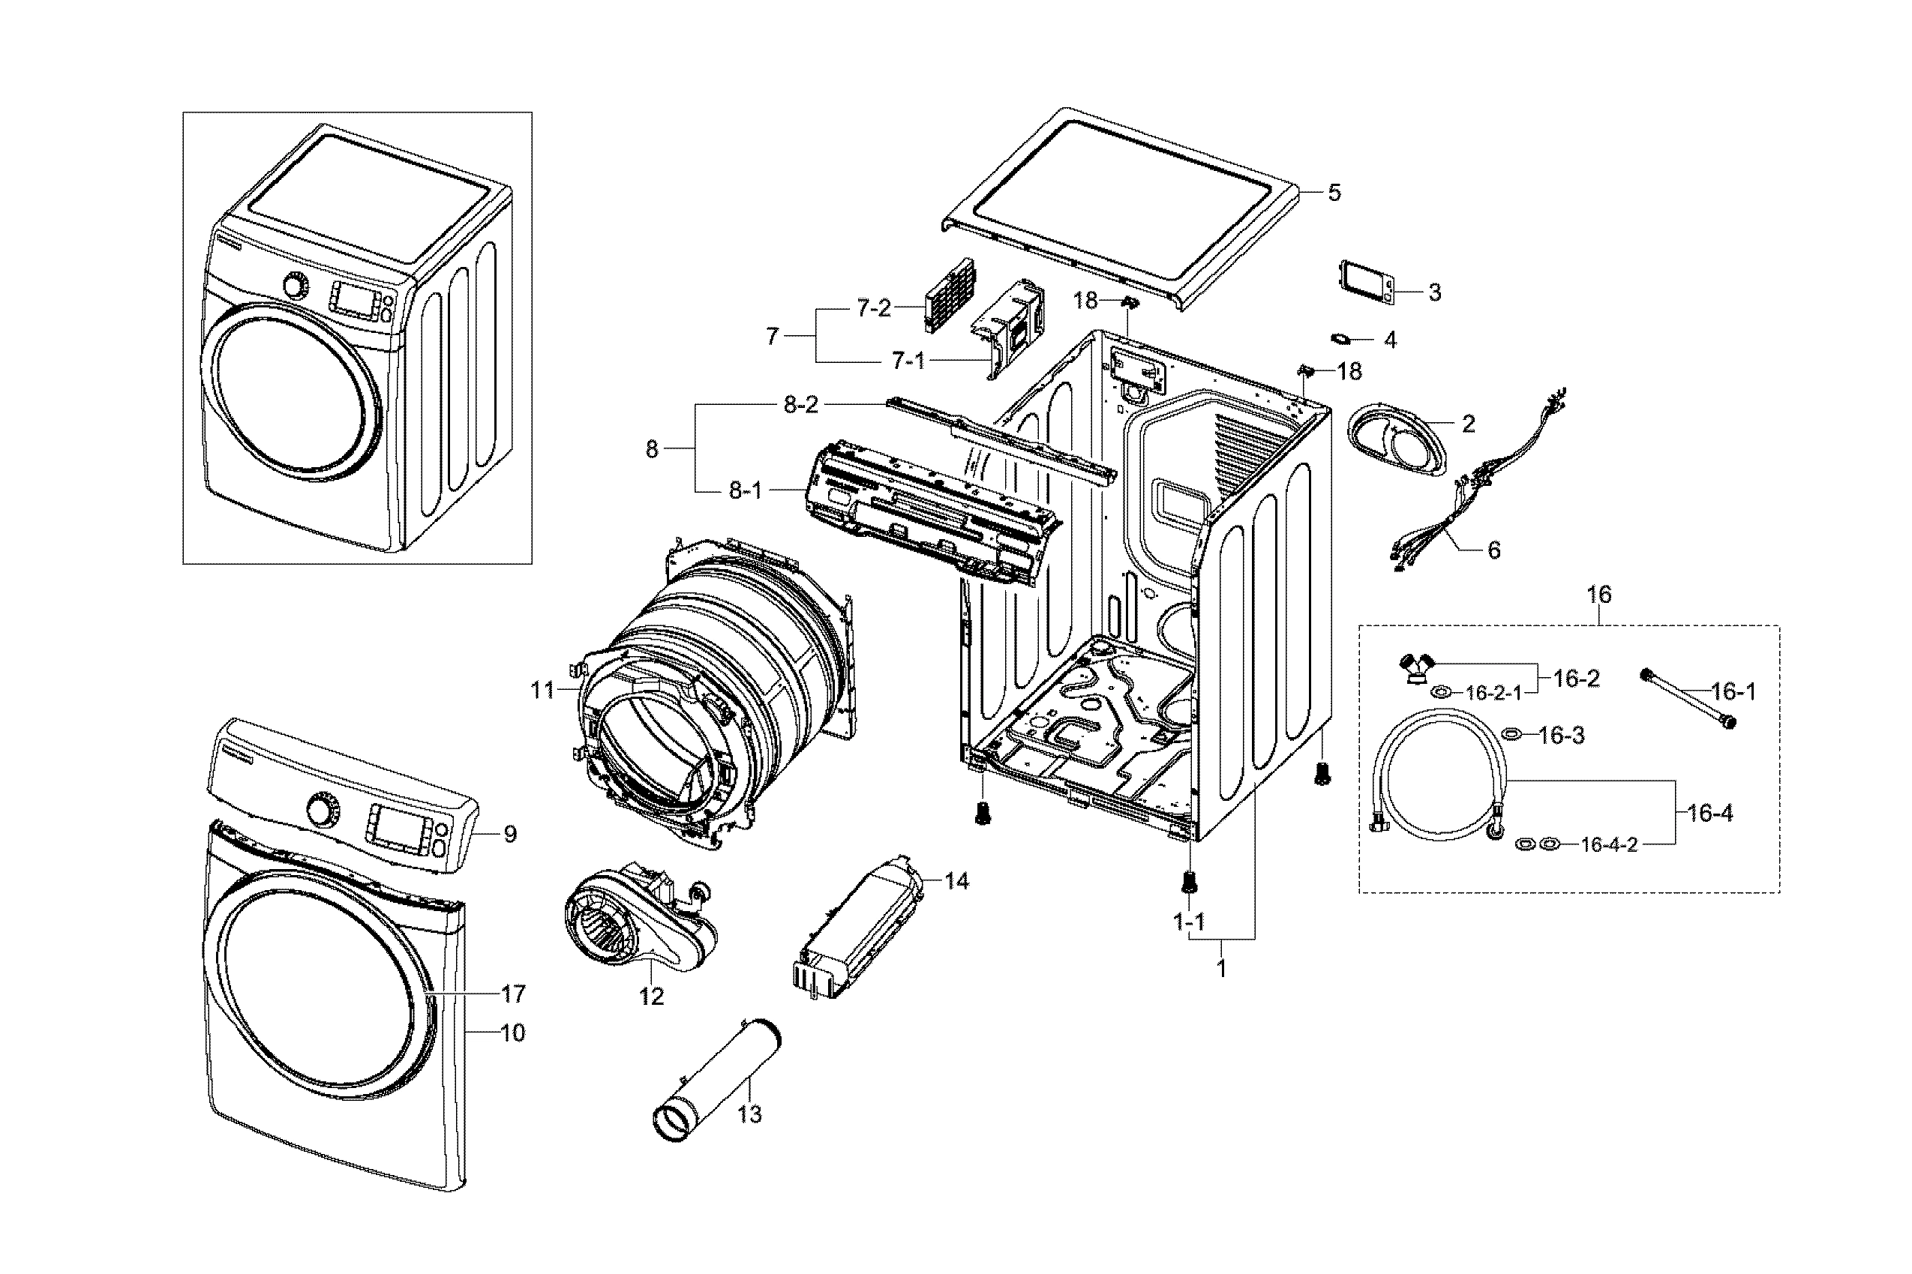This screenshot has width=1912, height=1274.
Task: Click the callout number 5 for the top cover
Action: pos(1334,193)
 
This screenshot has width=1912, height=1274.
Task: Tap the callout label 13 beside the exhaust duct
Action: pos(749,1115)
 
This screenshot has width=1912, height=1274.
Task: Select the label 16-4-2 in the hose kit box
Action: pos(1608,845)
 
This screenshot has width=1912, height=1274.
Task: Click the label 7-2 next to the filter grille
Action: pos(874,308)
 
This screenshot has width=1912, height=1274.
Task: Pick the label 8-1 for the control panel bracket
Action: pos(745,490)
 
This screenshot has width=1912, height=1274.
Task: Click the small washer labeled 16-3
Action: pos(1512,735)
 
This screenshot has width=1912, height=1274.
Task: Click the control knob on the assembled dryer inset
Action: pos(296,286)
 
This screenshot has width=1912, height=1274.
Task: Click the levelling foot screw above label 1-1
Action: pos(1189,881)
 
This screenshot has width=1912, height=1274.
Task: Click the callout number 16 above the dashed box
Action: pos(1598,595)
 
